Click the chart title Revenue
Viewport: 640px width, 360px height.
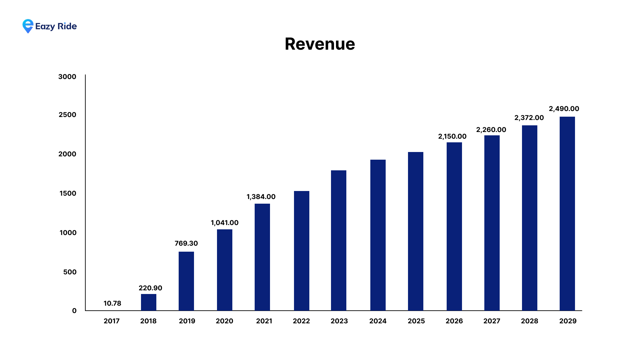point(320,44)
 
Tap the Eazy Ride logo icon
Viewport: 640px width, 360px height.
point(28,26)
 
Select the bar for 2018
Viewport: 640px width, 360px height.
point(149,302)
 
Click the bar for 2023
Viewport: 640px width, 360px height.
point(339,240)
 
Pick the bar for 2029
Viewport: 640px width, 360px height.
point(567,214)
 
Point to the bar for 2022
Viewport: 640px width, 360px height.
point(302,251)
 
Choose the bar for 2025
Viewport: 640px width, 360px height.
point(416,231)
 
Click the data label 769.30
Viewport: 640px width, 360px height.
point(186,243)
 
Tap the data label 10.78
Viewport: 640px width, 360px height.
point(112,303)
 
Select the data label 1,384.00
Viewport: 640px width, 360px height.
point(261,197)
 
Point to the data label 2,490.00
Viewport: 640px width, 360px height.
point(564,109)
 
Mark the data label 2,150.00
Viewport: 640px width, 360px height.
point(452,136)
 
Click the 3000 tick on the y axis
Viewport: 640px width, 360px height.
point(67,77)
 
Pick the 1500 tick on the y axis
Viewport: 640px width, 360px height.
point(68,193)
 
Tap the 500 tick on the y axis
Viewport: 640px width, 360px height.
point(70,272)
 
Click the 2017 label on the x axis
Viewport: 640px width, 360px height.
point(112,321)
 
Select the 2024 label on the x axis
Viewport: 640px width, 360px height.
point(378,321)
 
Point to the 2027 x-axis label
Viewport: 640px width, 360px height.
point(492,321)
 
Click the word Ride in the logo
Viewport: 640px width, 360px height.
point(67,26)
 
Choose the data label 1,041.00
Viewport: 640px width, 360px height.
point(225,223)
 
